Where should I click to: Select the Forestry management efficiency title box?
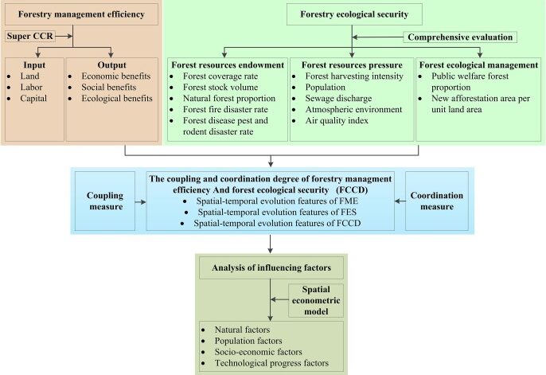tap(72, 14)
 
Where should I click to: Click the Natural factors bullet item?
tap(241, 329)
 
